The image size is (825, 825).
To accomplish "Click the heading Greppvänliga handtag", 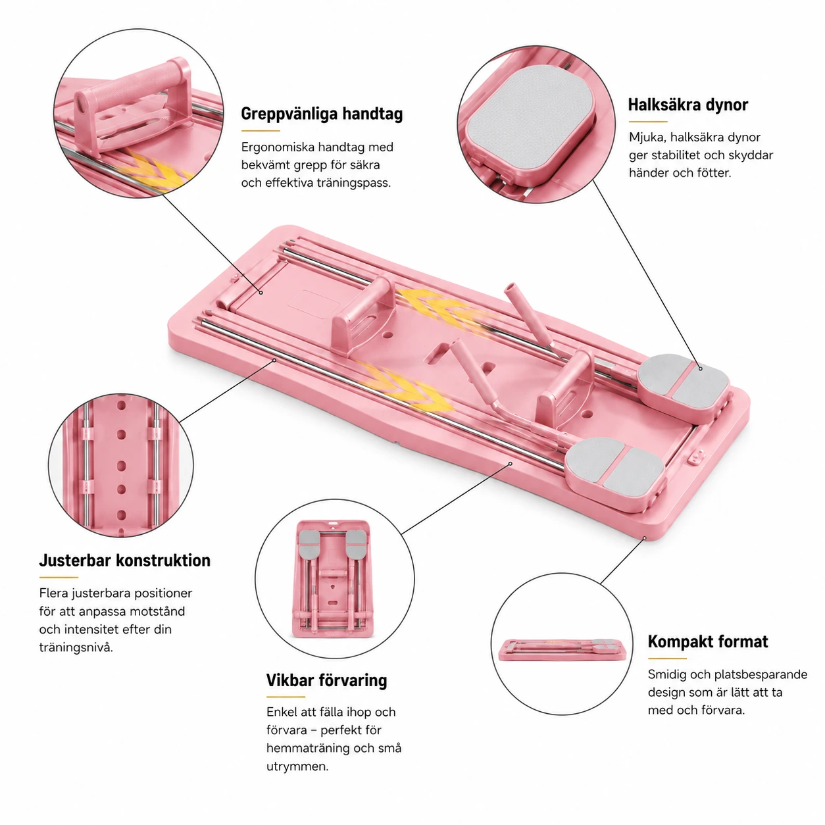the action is [x=322, y=114].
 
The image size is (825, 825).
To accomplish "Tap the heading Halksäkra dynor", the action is [x=688, y=105].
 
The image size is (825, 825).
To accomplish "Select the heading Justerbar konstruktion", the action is [x=124, y=561].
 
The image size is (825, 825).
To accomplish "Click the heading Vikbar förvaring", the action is [x=327, y=680].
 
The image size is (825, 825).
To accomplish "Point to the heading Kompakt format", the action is [x=708, y=641].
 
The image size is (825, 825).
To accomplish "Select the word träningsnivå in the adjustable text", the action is [x=76, y=647].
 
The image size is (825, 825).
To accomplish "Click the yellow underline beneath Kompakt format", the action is [x=667, y=659].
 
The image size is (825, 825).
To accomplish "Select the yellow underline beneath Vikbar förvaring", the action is [x=286, y=697].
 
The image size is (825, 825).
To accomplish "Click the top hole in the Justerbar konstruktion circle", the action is [x=122, y=405].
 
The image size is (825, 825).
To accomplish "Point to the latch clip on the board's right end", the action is [x=696, y=456].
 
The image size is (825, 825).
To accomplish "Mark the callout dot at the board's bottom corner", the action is [x=644, y=537].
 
